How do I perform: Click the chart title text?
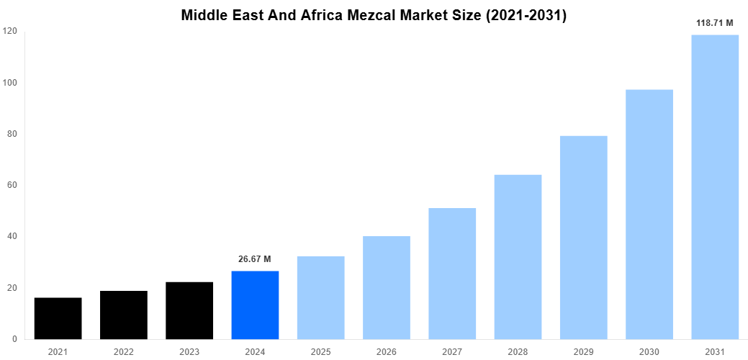click(374, 15)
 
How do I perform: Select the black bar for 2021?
click(58, 318)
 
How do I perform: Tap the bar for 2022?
click(123, 315)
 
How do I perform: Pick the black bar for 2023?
click(189, 310)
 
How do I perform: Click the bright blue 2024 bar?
click(255, 305)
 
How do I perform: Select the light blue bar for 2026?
click(387, 287)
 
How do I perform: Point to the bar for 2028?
click(518, 257)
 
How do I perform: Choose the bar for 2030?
click(649, 214)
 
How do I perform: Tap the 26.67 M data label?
click(255, 259)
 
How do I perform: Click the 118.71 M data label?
click(714, 23)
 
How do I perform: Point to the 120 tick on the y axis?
click(10, 31)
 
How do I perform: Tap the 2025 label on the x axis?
click(320, 351)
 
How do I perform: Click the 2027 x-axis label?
click(452, 351)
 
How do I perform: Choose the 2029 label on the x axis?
click(583, 351)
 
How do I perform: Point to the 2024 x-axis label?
click(255, 351)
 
